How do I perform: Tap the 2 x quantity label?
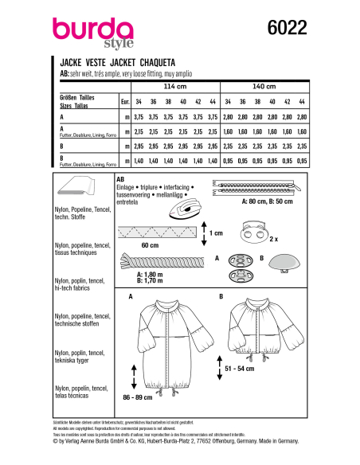point(297,238)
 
